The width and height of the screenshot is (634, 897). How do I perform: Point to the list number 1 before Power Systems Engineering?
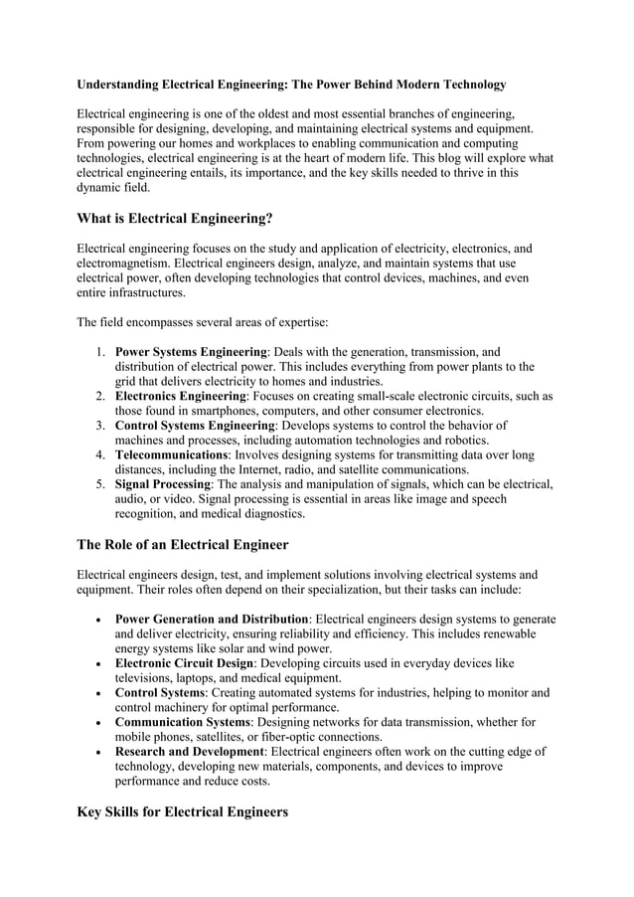click(101, 352)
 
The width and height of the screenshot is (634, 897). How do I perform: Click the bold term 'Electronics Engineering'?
click(181, 396)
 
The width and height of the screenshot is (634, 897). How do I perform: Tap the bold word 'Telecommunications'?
click(172, 455)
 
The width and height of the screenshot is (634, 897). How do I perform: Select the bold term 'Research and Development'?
click(191, 751)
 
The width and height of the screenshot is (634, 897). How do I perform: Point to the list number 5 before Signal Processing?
click(101, 484)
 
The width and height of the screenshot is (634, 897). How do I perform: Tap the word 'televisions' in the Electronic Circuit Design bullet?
click(147, 677)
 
